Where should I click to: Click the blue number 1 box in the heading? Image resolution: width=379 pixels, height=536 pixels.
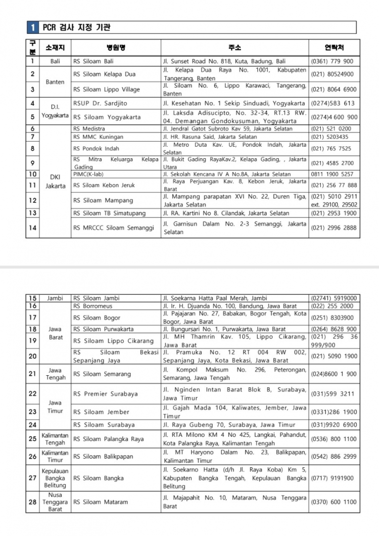pyautogui.click(x=32, y=27)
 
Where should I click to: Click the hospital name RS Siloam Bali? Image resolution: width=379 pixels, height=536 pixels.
pyautogui.click(x=93, y=61)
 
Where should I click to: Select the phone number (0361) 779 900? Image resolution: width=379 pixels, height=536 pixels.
pyautogui.click(x=333, y=61)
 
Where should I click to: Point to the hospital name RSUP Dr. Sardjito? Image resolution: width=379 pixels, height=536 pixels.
pyautogui.click(x=100, y=103)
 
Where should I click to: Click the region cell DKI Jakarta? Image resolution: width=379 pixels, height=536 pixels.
pyautogui.click(x=55, y=182)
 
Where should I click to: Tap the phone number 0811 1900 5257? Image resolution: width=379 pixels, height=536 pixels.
pyautogui.click(x=333, y=174)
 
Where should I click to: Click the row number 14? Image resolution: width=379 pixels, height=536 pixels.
pyautogui.click(x=32, y=228)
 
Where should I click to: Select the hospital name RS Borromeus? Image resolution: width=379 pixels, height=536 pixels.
pyautogui.click(x=93, y=306)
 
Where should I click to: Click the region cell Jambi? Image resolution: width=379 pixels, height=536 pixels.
pyautogui.click(x=55, y=298)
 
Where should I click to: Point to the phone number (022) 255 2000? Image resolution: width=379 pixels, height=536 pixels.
pyautogui.click(x=333, y=306)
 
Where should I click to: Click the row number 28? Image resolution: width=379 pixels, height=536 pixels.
pyautogui.click(x=32, y=502)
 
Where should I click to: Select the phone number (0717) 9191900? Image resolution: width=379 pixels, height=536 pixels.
pyautogui.click(x=333, y=477)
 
